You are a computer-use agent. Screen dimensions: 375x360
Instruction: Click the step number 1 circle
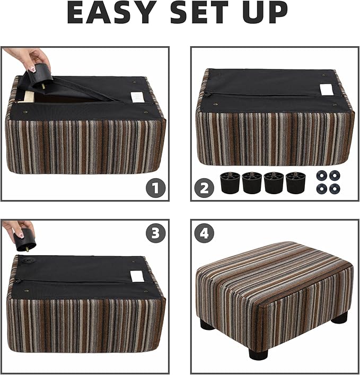(155, 187)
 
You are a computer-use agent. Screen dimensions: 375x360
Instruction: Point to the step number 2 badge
(204, 187)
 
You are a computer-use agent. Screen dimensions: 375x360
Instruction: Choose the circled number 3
(155, 233)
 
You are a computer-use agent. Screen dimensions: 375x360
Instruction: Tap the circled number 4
(204, 233)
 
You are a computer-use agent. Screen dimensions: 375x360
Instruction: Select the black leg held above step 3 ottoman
(26, 239)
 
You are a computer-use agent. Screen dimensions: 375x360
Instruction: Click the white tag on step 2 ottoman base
(327, 90)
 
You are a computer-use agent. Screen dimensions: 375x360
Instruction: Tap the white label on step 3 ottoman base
(137, 276)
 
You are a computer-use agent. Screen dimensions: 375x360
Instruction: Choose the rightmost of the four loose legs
(295, 183)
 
